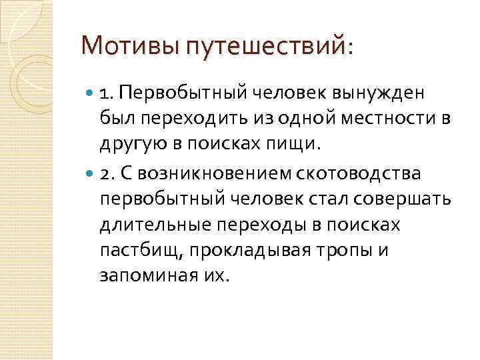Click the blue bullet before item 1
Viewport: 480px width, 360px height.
pos(90,93)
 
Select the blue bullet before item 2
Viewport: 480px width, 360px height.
pos(90,175)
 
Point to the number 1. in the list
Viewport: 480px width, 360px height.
pos(108,93)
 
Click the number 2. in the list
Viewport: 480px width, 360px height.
pos(109,175)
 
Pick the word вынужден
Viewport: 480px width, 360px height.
pos(385,93)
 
